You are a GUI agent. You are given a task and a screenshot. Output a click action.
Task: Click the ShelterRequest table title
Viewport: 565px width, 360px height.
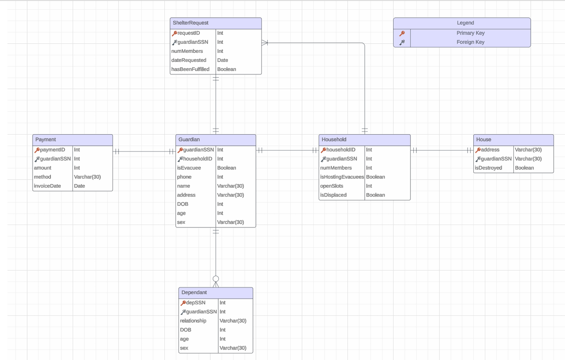click(190, 23)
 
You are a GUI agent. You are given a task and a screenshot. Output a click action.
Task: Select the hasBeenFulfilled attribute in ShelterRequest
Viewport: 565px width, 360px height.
click(190, 69)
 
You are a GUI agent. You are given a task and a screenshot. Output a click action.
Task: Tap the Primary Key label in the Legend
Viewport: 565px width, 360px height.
click(470, 33)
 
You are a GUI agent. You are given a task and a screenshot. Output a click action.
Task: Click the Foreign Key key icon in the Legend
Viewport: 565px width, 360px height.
click(402, 42)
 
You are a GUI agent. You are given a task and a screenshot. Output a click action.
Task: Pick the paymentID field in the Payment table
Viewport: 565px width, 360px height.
click(52, 150)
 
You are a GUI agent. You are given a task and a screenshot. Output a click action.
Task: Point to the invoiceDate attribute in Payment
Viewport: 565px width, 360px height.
click(47, 186)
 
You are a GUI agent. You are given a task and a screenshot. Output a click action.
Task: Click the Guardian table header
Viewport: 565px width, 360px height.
click(189, 140)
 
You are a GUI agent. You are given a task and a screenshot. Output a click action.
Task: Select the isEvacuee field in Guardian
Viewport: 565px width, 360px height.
click(189, 168)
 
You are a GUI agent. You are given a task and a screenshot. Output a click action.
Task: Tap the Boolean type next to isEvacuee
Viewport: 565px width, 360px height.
click(226, 168)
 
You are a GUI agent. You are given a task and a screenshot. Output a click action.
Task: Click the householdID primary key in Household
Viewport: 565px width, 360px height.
click(340, 150)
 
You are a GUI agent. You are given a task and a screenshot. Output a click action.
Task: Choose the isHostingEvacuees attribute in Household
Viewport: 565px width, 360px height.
click(342, 177)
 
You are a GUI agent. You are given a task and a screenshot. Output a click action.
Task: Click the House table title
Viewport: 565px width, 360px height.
click(484, 140)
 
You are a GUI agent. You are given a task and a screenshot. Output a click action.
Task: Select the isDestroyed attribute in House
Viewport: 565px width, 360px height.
click(488, 168)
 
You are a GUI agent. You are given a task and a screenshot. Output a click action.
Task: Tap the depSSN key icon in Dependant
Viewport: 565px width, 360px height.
click(183, 303)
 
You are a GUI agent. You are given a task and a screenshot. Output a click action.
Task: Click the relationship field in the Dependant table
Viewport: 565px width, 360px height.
click(193, 321)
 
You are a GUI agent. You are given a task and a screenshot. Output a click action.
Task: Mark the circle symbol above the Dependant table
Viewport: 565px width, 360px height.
click(216, 279)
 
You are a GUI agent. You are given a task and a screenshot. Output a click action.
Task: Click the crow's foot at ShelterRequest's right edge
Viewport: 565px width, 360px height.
click(265, 42)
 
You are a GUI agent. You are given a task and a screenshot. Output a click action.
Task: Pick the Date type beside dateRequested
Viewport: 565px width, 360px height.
click(223, 60)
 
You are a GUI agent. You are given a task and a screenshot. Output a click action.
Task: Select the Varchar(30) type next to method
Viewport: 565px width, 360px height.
click(87, 177)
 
